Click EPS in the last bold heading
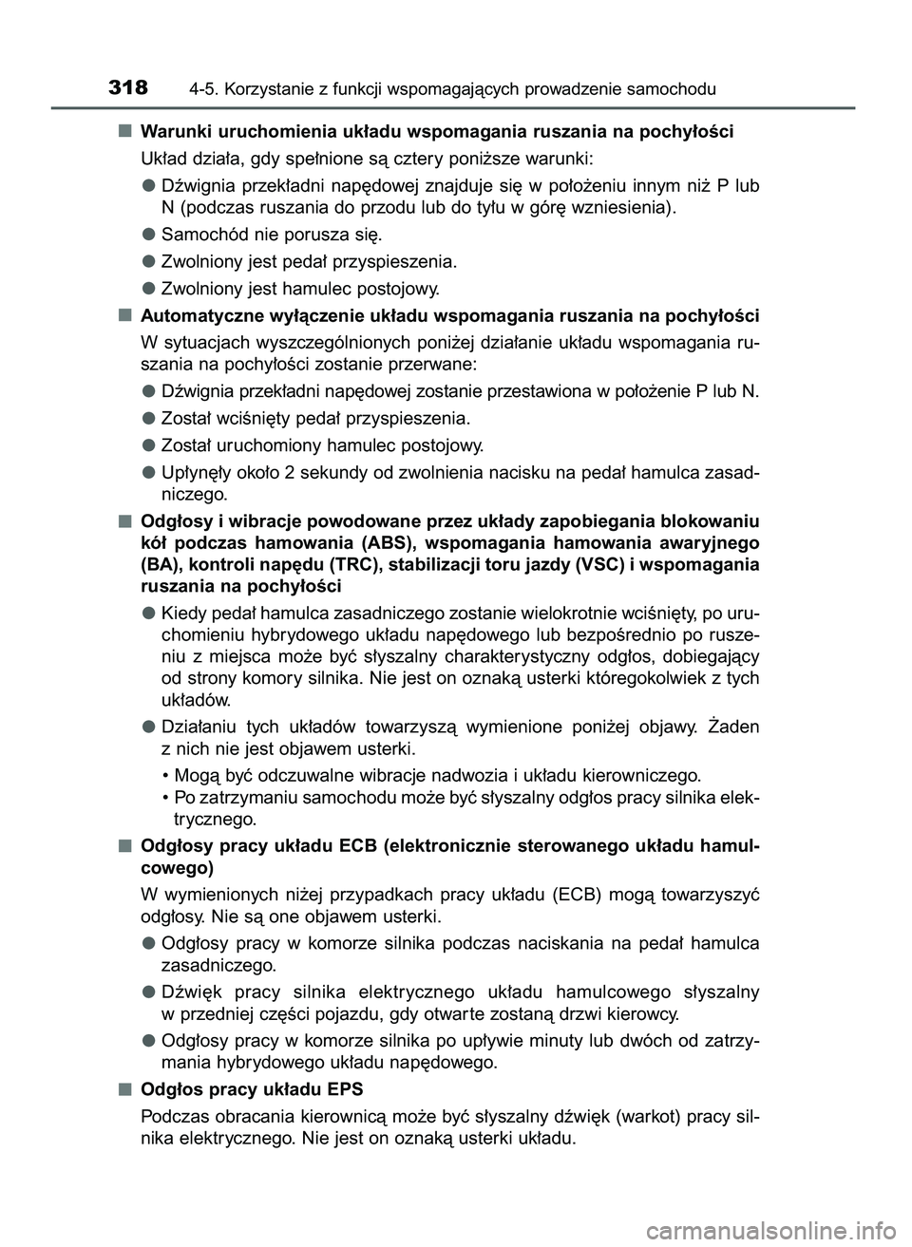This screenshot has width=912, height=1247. pyautogui.click(x=346, y=1087)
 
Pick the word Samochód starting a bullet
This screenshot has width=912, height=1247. pyautogui.click(x=202, y=234)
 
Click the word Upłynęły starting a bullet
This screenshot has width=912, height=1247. pyautogui.click(x=197, y=472)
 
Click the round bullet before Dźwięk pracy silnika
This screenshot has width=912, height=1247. pyautogui.click(x=148, y=992)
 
